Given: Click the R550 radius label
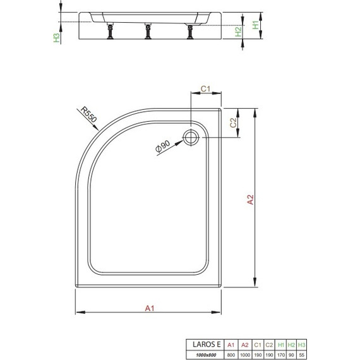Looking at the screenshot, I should click(x=89, y=115).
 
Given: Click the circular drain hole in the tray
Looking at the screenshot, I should click(x=190, y=136).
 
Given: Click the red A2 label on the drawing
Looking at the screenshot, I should click(x=250, y=199).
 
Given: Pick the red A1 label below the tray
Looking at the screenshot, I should click(x=149, y=308).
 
